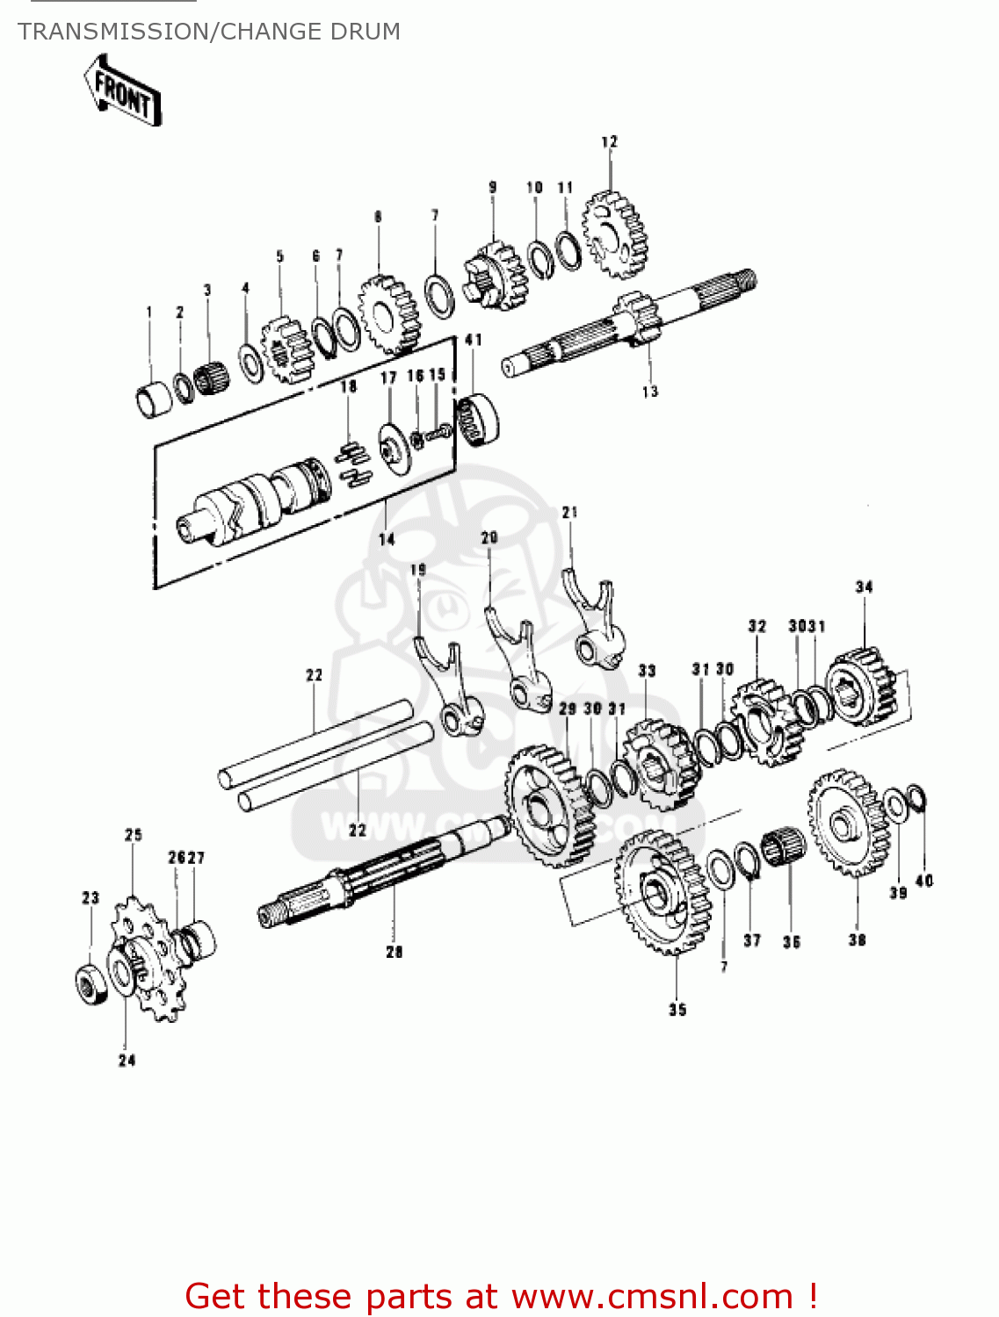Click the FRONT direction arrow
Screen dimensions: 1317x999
pyautogui.click(x=123, y=91)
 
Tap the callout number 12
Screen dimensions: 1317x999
pyautogui.click(x=609, y=141)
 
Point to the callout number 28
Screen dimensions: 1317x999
pyautogui.click(x=394, y=952)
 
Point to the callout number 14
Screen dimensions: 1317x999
pyautogui.click(x=387, y=539)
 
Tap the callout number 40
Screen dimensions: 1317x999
pyautogui.click(x=924, y=881)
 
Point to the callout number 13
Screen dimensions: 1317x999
pyautogui.click(x=649, y=392)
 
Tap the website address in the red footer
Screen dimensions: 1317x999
pyautogui.click(x=652, y=1296)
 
